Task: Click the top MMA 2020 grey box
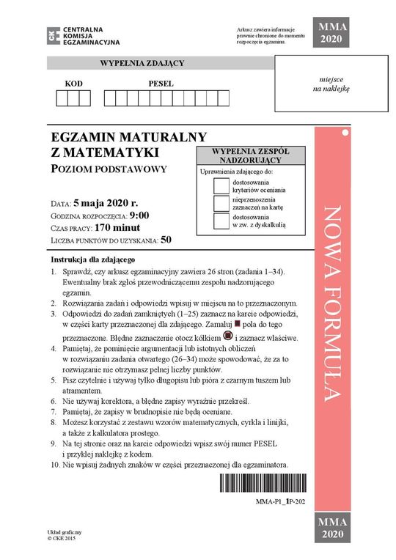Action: pos(331,34)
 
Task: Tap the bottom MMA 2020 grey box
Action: pos(331,526)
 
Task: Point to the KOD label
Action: pos(73,84)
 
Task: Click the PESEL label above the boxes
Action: pos(161,84)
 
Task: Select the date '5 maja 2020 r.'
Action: pos(106,202)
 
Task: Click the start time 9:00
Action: pos(139,215)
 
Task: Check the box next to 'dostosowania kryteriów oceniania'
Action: pos(221,185)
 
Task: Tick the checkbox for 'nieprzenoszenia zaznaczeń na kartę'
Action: pos(221,203)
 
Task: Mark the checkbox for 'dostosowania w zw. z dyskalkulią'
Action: pos(221,221)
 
